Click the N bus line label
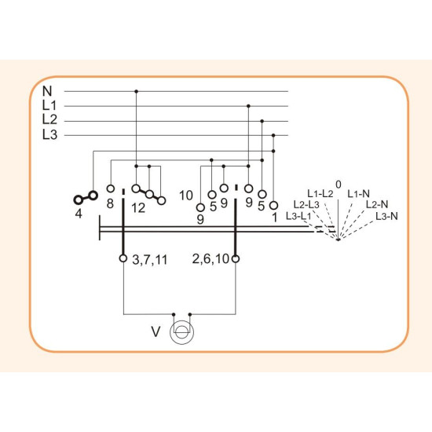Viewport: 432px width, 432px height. [47, 91]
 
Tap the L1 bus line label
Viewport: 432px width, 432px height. [49, 105]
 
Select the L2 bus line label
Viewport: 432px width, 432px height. [49, 119]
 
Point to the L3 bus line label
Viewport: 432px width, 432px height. [49, 134]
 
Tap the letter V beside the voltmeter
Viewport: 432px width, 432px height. [156, 331]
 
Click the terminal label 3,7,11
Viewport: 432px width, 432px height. [150, 260]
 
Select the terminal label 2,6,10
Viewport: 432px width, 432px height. [211, 259]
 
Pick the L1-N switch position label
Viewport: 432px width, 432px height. [358, 194]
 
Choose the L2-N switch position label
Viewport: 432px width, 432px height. [377, 204]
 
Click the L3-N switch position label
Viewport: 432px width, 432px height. [386, 216]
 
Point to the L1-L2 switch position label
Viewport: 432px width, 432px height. [320, 194]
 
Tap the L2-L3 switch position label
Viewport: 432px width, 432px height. [306, 204]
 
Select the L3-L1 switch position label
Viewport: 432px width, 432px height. [298, 216]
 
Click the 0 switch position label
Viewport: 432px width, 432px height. [339, 185]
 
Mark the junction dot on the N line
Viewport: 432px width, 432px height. [136, 91]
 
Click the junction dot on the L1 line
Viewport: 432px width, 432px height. [248, 106]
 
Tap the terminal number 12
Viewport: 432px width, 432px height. [138, 208]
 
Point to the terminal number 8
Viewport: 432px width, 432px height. [110, 204]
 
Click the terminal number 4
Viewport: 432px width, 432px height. [79, 214]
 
